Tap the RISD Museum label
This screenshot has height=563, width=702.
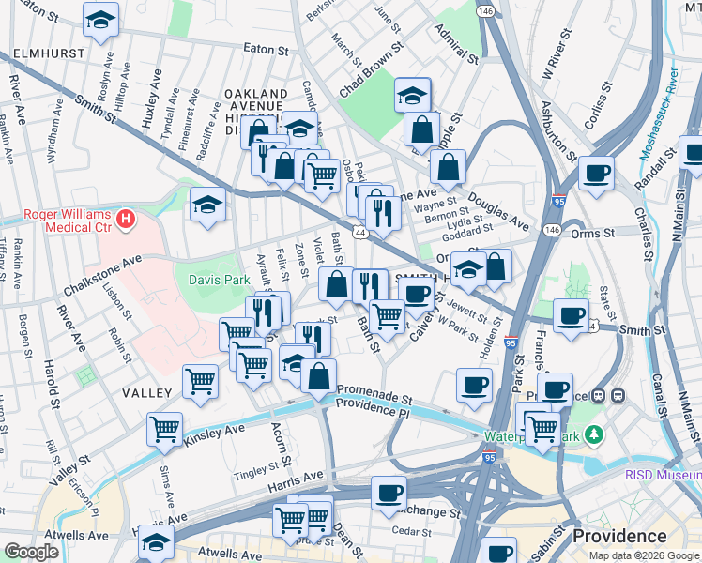point(663,475)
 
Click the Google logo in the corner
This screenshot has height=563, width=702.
point(31,552)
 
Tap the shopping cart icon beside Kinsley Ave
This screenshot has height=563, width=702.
point(165,429)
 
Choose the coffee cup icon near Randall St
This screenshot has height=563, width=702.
point(596,173)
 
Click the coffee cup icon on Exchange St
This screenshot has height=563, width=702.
point(389,492)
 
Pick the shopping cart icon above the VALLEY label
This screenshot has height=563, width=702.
point(201,381)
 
